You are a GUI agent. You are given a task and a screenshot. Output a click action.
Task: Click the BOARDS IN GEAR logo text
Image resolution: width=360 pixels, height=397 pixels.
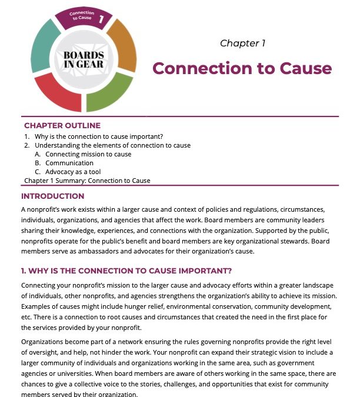click(x=87, y=59)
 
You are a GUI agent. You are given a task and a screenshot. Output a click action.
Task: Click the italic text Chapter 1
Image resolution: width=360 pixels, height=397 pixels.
click(x=242, y=43)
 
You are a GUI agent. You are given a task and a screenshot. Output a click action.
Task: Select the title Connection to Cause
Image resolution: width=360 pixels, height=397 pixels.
click(x=242, y=68)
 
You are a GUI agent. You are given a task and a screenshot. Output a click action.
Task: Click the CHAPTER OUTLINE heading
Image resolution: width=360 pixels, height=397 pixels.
click(x=62, y=125)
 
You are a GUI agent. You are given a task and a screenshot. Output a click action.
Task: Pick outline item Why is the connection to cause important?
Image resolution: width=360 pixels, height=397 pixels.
click(x=95, y=136)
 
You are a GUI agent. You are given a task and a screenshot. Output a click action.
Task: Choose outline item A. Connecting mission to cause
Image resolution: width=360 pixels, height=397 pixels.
click(x=88, y=154)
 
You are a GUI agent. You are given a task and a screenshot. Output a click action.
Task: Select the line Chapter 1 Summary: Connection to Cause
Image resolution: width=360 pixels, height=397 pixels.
click(x=87, y=181)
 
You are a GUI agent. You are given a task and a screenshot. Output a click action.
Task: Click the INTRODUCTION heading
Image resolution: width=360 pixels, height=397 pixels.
click(x=52, y=196)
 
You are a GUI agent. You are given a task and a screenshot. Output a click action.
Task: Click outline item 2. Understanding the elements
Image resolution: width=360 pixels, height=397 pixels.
click(x=112, y=145)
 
